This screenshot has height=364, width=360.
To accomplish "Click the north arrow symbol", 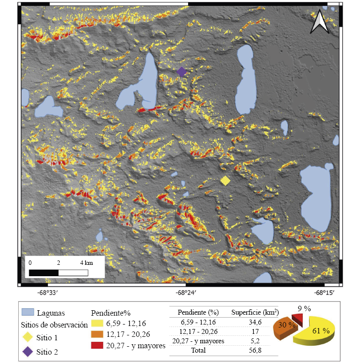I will (x=320, y=22).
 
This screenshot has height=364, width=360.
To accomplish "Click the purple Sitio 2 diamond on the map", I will (x=182, y=72).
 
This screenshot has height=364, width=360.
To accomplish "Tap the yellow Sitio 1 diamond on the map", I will (x=225, y=181).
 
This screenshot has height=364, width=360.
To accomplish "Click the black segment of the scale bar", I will (x=44, y=272).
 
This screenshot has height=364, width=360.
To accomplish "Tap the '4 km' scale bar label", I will (x=85, y=262).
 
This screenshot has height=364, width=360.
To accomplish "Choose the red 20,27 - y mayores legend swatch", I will (x=98, y=346).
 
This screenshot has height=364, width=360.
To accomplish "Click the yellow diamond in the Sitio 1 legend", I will (x=28, y=337).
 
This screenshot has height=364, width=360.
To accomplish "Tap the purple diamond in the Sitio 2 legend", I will (x=28, y=351).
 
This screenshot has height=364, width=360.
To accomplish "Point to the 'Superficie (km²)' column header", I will (x=255, y=312).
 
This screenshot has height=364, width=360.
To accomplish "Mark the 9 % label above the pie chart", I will (x=304, y=309).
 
